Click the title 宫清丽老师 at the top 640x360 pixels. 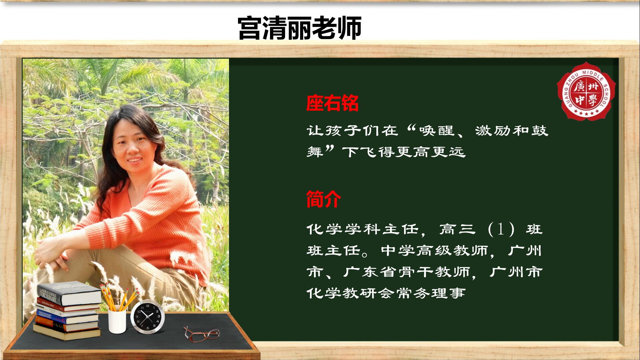[300, 28]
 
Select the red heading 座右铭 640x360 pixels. [332, 103]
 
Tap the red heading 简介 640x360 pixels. [323, 199]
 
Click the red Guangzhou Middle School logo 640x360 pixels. [586, 91]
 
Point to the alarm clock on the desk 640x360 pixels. [147, 317]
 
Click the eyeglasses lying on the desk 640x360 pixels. [201, 334]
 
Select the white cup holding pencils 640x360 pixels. [117, 321]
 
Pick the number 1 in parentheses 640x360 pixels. [500, 229]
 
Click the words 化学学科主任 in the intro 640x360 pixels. [362, 229]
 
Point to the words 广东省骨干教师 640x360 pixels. [406, 272]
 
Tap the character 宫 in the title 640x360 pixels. [250, 28]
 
